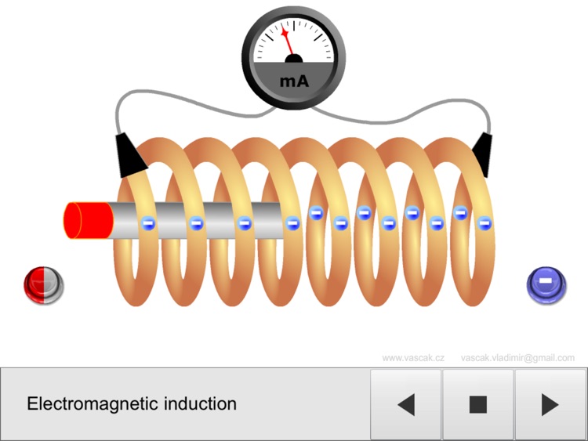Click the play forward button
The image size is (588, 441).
tap(550, 404)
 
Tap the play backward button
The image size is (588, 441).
tap(405, 404)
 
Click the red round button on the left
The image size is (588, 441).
tap(42, 283)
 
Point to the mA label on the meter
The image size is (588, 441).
tap(293, 81)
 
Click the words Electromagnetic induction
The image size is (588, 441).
tap(132, 404)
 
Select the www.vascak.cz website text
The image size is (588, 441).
tap(413, 358)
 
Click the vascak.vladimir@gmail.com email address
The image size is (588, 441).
tap(517, 358)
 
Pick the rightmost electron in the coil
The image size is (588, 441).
tap(485, 222)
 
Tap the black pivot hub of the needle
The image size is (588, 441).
tap(294, 59)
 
